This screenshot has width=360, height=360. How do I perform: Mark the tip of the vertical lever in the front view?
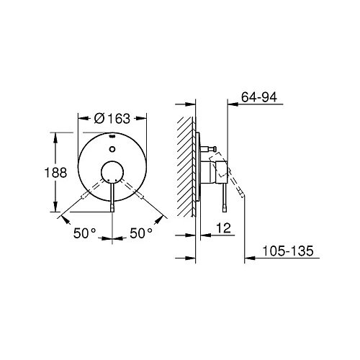click(x=112, y=210)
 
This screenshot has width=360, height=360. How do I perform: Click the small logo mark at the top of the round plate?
click(x=113, y=135)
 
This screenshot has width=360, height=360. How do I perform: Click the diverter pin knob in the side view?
click(x=212, y=149)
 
